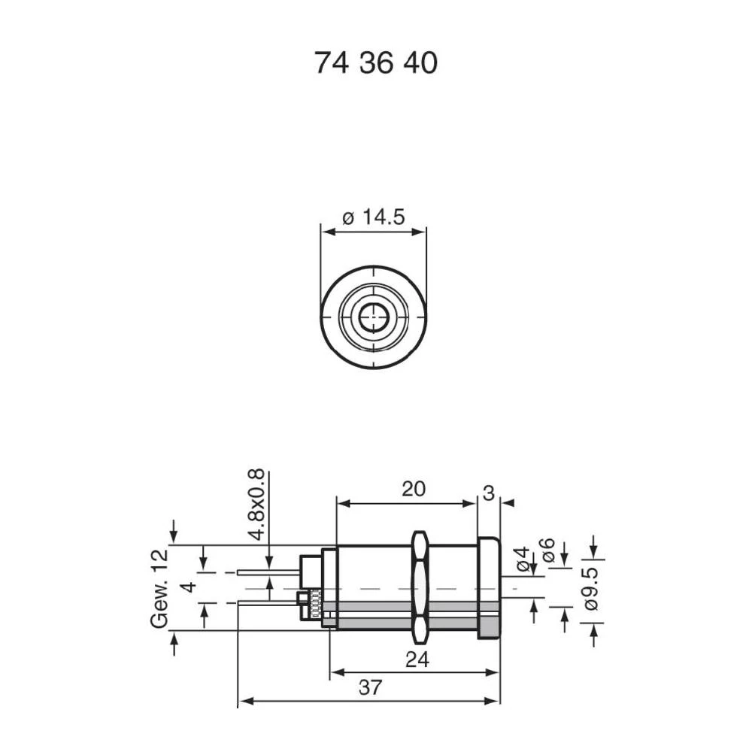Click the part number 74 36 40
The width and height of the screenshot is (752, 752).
click(x=375, y=64)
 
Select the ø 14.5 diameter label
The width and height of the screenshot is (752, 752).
click(x=374, y=217)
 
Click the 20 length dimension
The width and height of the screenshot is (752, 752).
click(x=413, y=489)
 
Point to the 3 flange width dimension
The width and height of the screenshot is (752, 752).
click(x=488, y=493)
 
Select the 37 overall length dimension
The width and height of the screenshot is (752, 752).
click(x=370, y=687)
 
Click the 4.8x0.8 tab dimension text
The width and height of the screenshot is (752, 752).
click(x=256, y=504)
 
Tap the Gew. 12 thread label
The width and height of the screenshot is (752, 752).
click(x=159, y=588)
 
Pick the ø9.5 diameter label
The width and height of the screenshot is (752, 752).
click(x=590, y=590)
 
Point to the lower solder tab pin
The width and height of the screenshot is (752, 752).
click(x=267, y=601)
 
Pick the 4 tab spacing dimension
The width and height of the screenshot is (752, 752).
click(x=192, y=587)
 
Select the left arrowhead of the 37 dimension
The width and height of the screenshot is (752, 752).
click(x=243, y=701)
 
